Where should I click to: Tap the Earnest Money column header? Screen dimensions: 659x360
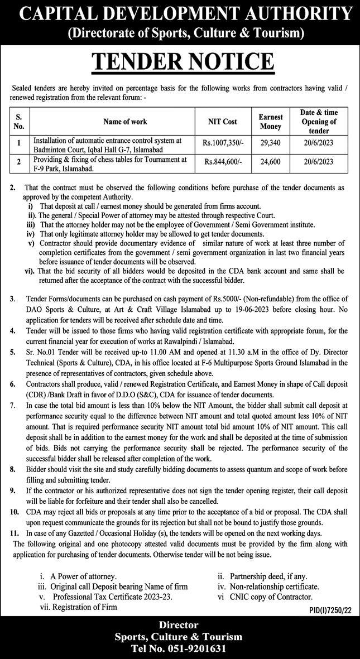tap(271, 121)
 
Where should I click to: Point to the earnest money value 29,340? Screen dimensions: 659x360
tap(271, 143)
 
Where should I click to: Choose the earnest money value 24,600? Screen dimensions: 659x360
tap(271, 162)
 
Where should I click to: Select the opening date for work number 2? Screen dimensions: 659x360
tap(319, 162)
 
